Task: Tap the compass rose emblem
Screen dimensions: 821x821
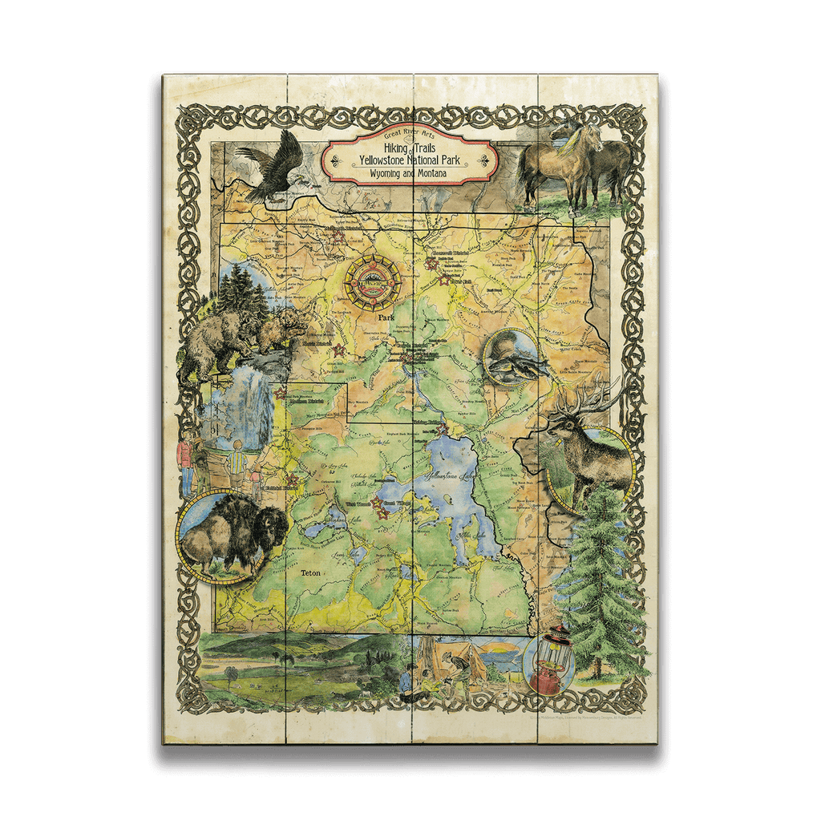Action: (372, 281)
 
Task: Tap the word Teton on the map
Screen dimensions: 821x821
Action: (309, 573)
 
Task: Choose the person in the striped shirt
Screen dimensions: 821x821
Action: (237, 465)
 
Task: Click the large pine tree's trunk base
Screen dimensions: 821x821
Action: (597, 670)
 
